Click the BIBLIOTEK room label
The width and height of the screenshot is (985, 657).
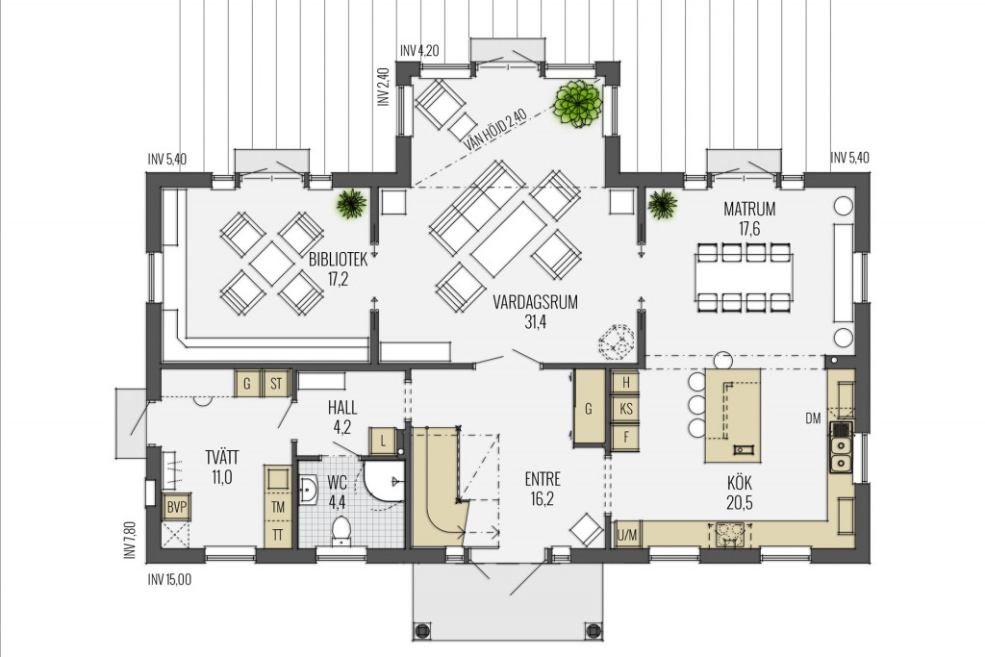(338, 260)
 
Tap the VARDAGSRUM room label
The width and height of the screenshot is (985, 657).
(535, 302)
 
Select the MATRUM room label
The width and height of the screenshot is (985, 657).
(749, 208)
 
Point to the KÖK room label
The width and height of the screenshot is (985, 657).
(740, 483)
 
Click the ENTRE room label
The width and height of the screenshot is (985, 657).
(543, 479)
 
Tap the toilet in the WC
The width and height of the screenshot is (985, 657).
(341, 529)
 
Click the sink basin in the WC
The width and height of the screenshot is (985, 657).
(310, 490)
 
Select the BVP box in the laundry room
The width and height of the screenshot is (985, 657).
(177, 508)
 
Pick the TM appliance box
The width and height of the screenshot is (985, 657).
(277, 507)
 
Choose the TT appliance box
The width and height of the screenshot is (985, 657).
(277, 535)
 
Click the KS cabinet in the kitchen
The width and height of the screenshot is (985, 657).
(625, 409)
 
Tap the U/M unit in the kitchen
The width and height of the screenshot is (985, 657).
(627, 536)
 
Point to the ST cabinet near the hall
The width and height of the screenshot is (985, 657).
(276, 383)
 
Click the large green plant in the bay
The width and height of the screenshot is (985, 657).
(578, 103)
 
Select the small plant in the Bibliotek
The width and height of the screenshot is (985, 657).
(351, 203)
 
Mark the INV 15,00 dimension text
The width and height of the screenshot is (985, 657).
(169, 580)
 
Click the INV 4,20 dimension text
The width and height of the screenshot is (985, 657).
(419, 51)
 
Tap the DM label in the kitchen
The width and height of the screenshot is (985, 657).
(813, 418)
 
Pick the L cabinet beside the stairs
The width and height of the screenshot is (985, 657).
(383, 441)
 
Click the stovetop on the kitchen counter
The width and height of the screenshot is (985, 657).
(730, 535)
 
